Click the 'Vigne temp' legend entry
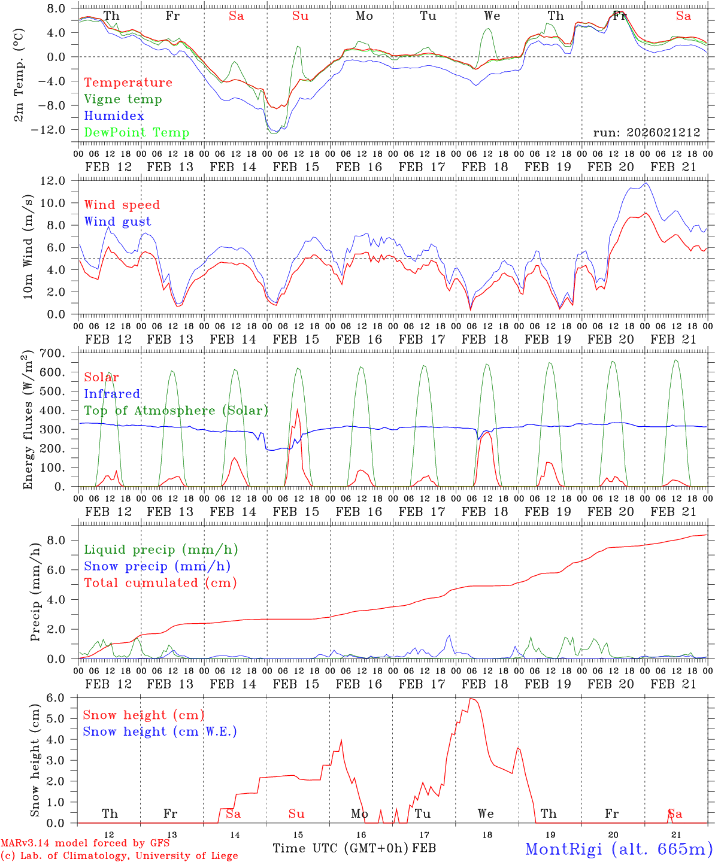[x=123, y=99]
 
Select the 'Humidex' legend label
[x=114, y=116]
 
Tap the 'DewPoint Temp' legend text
[x=137, y=133]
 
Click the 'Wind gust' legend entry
[x=117, y=221]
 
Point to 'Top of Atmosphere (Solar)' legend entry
[x=176, y=411]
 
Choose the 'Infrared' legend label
[x=112, y=394]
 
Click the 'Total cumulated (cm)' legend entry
[x=160, y=583]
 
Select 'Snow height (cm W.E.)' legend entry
[x=160, y=732]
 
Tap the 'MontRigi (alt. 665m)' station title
[x=619, y=848]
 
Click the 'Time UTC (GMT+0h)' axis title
[x=341, y=848]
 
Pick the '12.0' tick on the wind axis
[x=55, y=181]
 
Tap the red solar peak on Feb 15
[x=297, y=409]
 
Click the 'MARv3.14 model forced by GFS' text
[x=85, y=843]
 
